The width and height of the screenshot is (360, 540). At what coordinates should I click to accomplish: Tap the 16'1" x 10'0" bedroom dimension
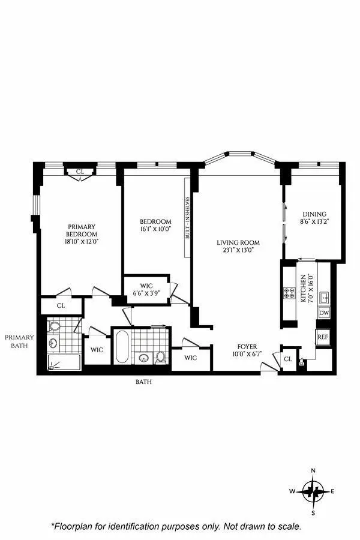click(157, 229)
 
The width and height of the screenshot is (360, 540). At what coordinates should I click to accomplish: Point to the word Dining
click(314, 214)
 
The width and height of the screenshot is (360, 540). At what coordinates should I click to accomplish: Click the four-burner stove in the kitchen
click(289, 295)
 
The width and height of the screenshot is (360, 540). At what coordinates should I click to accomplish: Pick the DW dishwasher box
click(324, 313)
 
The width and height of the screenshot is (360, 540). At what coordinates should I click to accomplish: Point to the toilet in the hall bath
click(161, 356)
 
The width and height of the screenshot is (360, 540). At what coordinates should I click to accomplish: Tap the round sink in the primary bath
click(52, 343)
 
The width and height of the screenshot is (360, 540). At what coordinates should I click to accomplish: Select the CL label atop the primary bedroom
click(80, 172)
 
